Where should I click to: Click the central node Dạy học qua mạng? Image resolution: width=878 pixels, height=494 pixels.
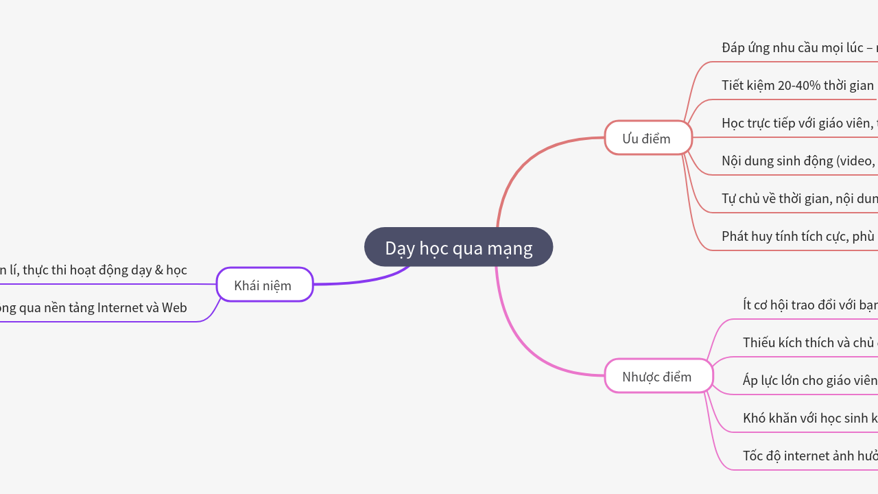pos(458,248)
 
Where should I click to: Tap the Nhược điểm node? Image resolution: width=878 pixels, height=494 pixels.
pos(658,377)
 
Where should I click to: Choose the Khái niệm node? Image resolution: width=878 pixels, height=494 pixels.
pos(264,285)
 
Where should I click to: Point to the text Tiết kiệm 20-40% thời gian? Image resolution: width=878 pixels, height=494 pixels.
pos(798,86)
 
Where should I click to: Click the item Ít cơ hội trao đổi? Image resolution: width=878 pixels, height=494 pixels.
pos(809,305)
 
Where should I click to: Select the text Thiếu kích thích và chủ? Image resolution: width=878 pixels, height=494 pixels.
pos(809,342)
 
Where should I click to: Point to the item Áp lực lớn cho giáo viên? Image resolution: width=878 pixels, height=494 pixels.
pos(809,380)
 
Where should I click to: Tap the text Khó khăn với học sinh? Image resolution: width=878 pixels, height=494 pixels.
pos(809,418)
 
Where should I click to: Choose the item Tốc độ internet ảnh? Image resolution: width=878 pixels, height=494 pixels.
pos(809,456)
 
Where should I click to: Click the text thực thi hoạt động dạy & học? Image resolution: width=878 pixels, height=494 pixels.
pos(103,270)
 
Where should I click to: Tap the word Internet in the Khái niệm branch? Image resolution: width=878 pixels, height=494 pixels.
pos(121,308)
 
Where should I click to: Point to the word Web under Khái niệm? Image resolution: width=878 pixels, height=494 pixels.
pos(174,308)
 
